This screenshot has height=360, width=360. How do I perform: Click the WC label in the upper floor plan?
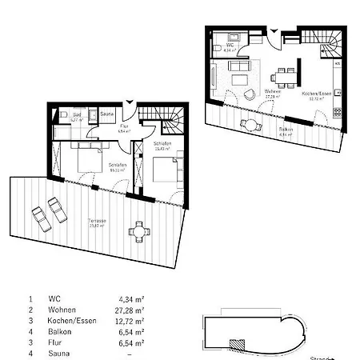click(x=230, y=46)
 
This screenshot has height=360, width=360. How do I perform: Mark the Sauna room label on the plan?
click(x=106, y=114)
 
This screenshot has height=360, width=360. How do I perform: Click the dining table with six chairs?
click(x=282, y=77)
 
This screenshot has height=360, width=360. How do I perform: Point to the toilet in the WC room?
click(x=231, y=35)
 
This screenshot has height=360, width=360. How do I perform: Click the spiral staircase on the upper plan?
click(x=329, y=42)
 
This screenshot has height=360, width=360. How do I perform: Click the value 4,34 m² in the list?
click(x=130, y=298)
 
